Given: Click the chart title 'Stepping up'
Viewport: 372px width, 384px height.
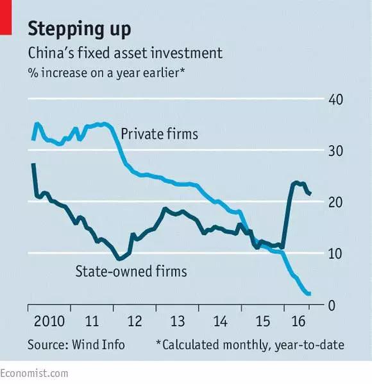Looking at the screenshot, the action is (x=80, y=30).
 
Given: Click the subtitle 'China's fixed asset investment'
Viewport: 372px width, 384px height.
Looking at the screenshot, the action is (x=125, y=53).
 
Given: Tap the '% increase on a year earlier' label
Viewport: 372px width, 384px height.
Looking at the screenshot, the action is (x=106, y=73).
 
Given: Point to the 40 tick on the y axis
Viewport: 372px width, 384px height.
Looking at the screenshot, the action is (x=335, y=100).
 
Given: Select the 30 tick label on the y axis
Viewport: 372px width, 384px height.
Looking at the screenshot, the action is (x=335, y=151).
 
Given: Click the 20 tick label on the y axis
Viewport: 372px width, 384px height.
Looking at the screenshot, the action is (x=335, y=202).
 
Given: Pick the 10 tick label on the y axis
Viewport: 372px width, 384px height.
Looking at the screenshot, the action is (x=335, y=254).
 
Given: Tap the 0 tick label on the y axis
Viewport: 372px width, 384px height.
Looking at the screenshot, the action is (x=332, y=306).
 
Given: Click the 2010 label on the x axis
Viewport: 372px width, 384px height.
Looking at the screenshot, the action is (x=49, y=321).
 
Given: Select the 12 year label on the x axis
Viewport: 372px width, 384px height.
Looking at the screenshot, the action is (x=135, y=321).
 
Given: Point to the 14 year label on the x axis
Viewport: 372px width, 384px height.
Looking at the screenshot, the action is (x=221, y=321).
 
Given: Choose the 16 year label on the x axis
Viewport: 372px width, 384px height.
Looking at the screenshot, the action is (x=298, y=321).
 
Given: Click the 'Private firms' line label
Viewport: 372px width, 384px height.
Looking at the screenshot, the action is (x=160, y=134).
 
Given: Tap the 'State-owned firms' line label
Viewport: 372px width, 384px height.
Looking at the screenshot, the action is (x=131, y=272).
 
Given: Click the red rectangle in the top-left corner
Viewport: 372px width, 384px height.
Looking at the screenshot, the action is (x=6, y=17).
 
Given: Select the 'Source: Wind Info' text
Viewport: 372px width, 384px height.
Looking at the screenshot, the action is (x=76, y=345).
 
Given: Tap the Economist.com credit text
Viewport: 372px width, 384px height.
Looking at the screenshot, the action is (x=34, y=374).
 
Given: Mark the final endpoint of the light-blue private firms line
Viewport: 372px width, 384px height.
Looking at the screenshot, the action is (x=310, y=293).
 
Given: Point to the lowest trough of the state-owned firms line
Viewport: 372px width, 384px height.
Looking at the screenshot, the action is (x=119, y=259).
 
